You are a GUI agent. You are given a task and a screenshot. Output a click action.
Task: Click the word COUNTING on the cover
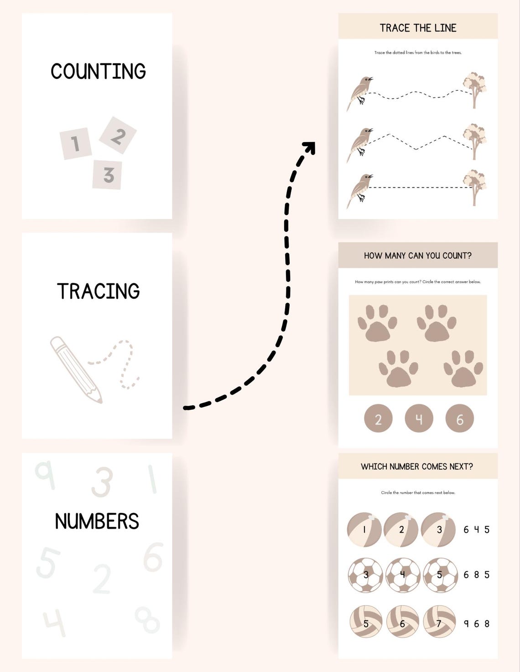pos(98,72)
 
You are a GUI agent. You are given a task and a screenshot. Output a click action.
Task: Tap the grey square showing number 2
pos(118,135)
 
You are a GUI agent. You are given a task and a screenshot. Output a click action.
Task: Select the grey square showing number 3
pos(107,174)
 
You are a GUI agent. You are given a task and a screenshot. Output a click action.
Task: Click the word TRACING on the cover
pos(98,292)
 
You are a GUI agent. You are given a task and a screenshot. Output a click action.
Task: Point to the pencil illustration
pos(76,369)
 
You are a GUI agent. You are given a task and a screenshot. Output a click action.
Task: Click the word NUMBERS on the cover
pos(97,521)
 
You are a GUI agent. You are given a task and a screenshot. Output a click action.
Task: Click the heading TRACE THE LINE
pos(418,28)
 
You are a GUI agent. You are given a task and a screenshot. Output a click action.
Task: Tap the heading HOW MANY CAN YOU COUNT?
pos(418,256)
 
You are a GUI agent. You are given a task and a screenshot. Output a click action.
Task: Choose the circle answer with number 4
pos(419,418)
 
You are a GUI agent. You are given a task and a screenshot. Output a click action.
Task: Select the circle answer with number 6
pos(459,418)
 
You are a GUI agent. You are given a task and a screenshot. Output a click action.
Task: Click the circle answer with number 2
pos(378,418)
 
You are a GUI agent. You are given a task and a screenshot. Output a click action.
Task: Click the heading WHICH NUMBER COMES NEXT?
pos(417,467)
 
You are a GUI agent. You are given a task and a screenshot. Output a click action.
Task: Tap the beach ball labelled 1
pos(364,529)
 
